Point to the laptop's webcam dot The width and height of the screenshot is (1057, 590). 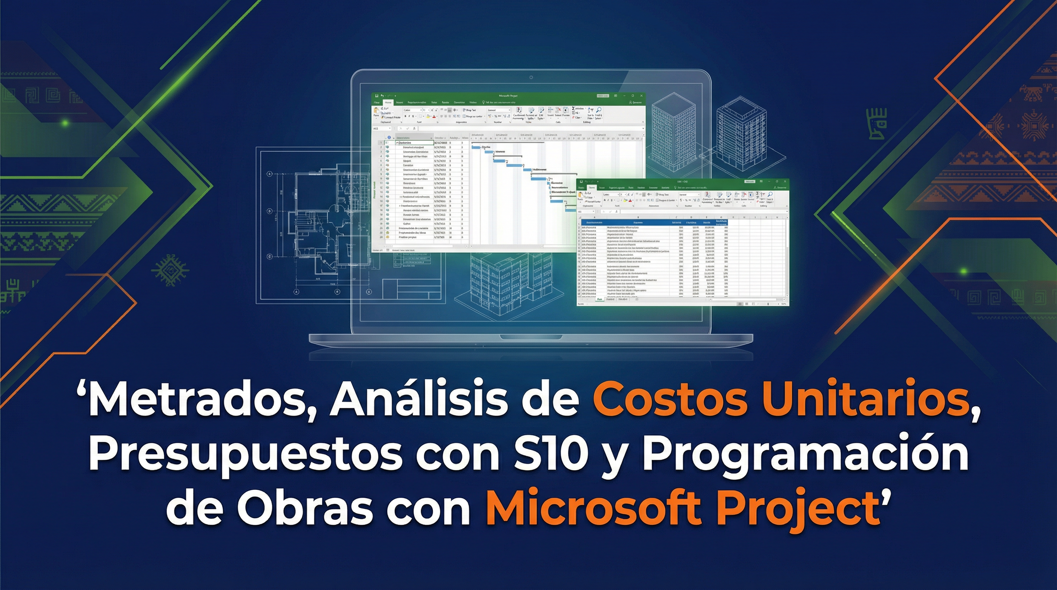point(531,77)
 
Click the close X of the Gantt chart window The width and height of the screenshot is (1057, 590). point(641,96)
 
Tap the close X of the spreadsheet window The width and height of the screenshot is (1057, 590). point(785,181)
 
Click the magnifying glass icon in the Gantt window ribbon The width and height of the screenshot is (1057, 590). point(599,110)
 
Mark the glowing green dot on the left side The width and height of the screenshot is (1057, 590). point(65,122)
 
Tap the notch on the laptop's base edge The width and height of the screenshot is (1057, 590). point(531,337)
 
